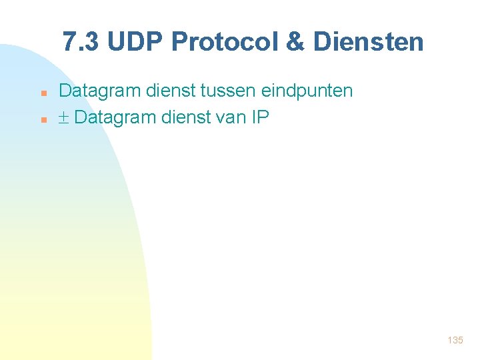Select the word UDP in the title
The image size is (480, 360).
click(136, 42)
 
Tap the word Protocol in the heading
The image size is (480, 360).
click(225, 42)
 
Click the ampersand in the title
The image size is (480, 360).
click(294, 42)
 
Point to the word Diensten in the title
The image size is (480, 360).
click(368, 42)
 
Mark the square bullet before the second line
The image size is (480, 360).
click(43, 120)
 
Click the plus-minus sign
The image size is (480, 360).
click(65, 119)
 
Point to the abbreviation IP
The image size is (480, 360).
click(260, 118)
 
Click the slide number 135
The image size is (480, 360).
click(455, 340)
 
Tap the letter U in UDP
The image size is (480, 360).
click(114, 42)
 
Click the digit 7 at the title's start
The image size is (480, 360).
click(69, 42)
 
